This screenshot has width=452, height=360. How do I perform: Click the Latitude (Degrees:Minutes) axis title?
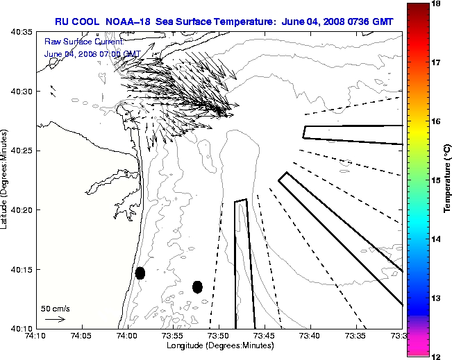[6, 180]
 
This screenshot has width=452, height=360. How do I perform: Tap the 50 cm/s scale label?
[56, 308]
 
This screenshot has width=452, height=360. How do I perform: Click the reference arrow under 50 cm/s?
[54, 319]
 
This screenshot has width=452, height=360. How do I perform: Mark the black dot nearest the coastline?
[140, 273]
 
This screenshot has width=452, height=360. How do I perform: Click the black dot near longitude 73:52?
[197, 286]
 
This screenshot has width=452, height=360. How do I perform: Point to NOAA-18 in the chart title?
[128, 22]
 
